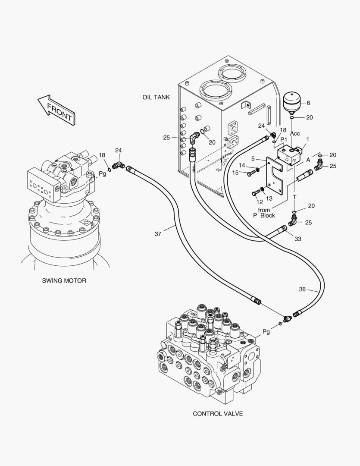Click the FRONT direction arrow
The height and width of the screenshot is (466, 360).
[56, 110]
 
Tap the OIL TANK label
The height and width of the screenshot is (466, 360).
[156, 98]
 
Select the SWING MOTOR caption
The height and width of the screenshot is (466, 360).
[64, 280]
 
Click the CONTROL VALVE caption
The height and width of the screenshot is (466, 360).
[218, 414]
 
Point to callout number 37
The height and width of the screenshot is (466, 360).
[158, 234]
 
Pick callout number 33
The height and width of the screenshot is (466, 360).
[298, 239]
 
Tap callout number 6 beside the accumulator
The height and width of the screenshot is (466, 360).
[308, 103]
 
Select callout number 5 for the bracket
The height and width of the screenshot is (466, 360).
[253, 159]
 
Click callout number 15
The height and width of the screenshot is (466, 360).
[236, 173]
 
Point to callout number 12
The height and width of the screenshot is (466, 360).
[260, 202]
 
